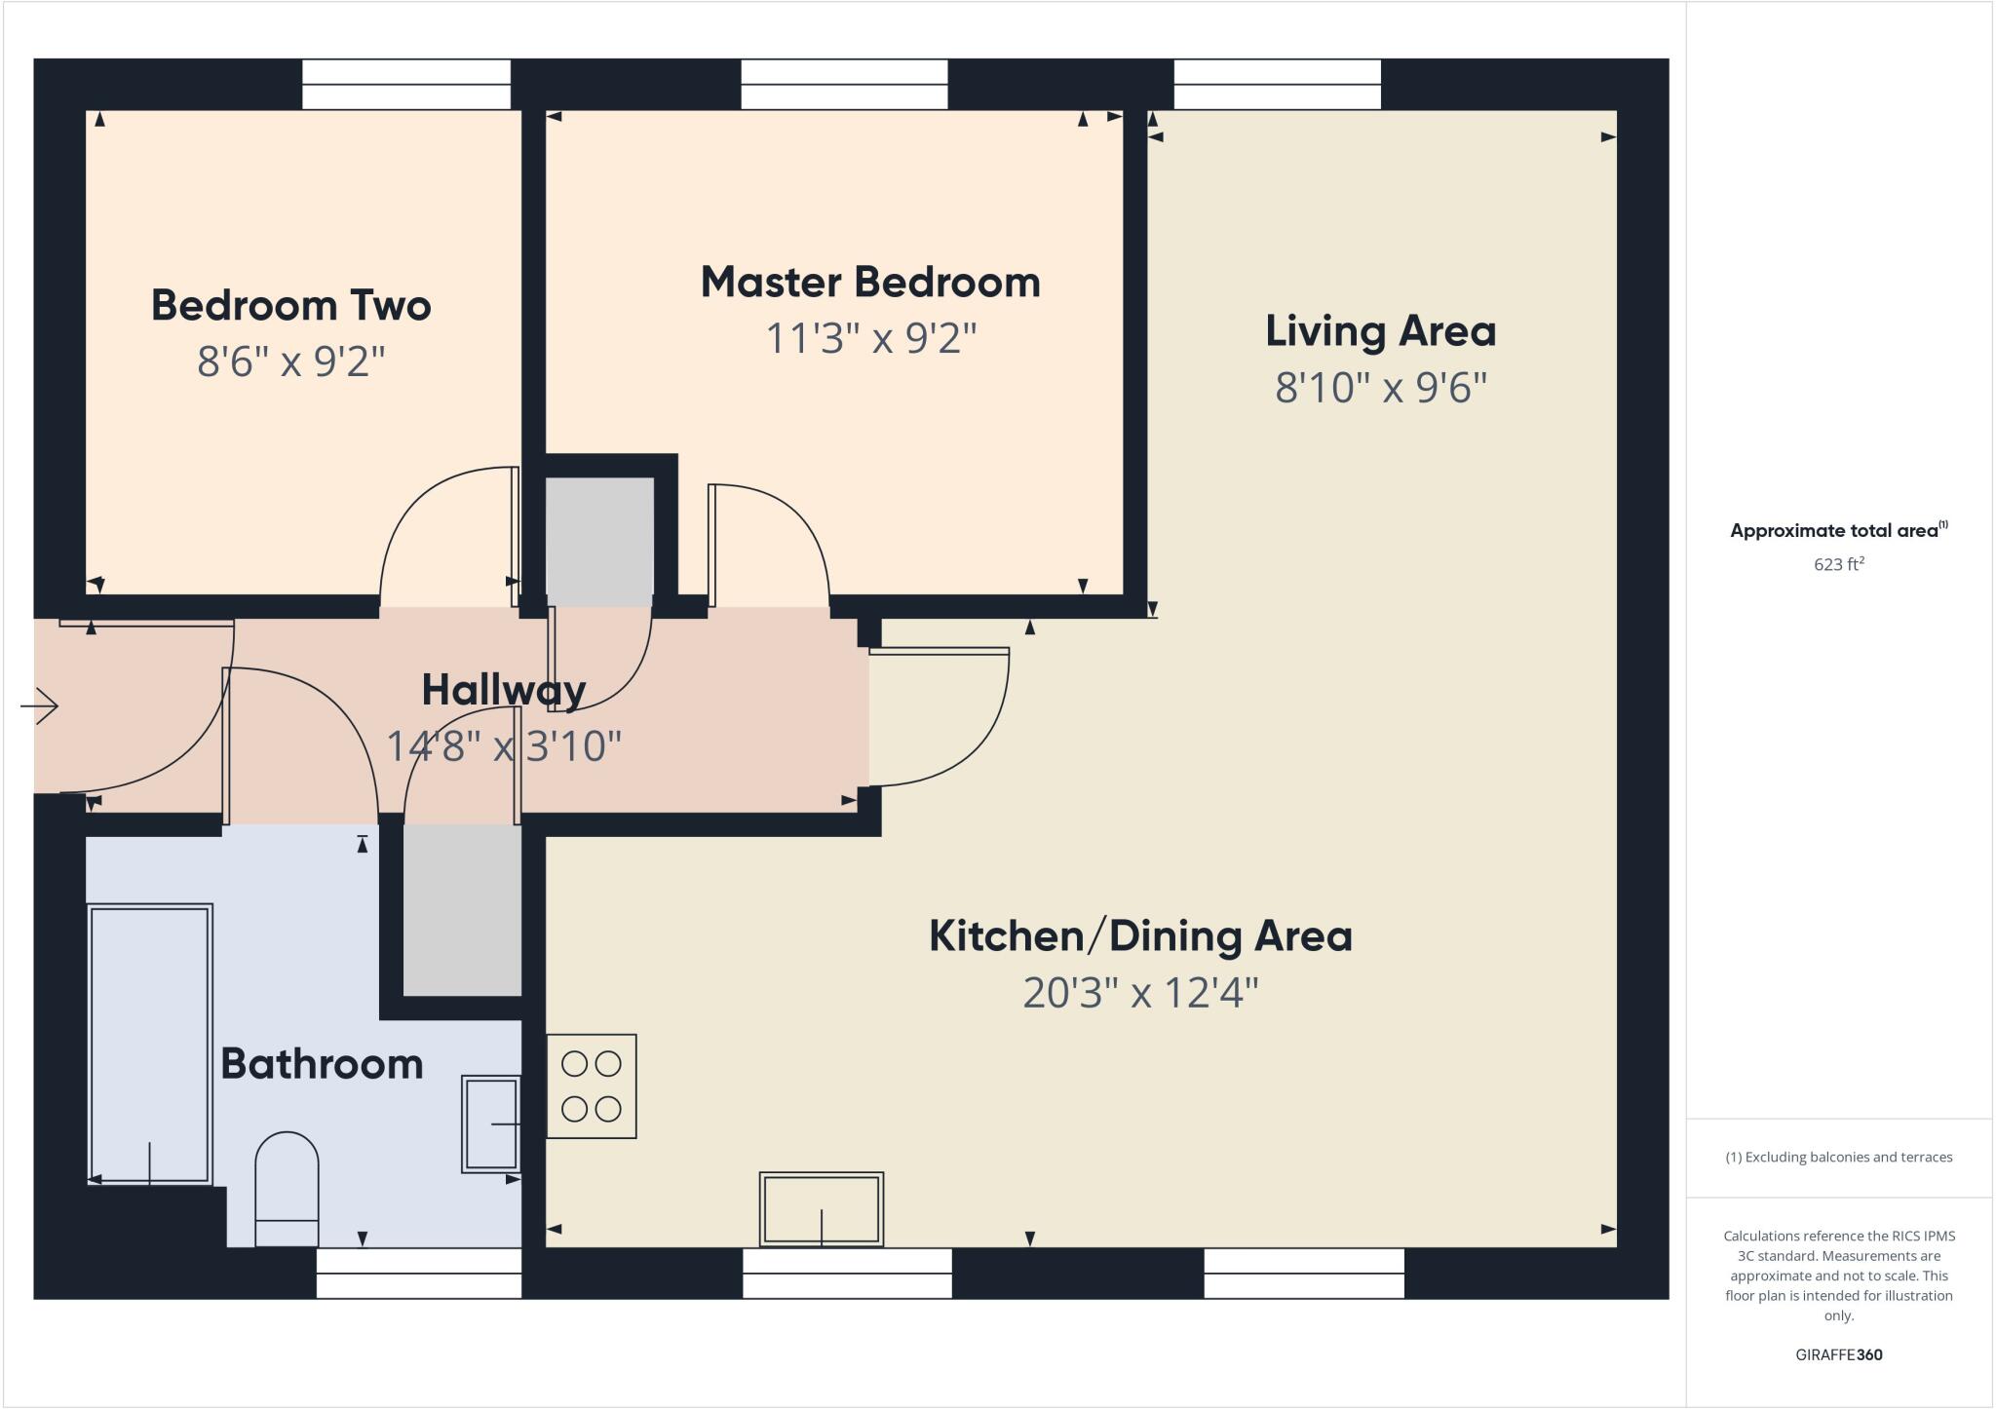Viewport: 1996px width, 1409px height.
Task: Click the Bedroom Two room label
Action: click(x=290, y=306)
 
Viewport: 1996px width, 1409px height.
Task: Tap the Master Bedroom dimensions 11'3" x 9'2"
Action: click(x=870, y=339)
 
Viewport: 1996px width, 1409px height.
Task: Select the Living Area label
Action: click(x=1380, y=331)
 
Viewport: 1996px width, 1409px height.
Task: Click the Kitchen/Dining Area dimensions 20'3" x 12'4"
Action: click(x=1140, y=993)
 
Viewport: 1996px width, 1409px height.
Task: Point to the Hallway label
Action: click(x=503, y=690)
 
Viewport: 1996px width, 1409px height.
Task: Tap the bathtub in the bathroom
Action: click(x=150, y=1043)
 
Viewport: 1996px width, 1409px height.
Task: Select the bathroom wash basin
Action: click(x=491, y=1123)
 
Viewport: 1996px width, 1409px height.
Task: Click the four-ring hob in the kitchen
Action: click(x=591, y=1085)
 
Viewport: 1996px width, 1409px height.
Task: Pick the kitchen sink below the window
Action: click(x=822, y=1208)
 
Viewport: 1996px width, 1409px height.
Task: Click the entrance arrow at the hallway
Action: click(x=40, y=705)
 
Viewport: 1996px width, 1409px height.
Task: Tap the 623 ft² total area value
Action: click(x=1838, y=564)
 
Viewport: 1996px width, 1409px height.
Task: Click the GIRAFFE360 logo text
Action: click(x=1838, y=1354)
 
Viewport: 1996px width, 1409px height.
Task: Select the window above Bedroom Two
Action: click(x=406, y=84)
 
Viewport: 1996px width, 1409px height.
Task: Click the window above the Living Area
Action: click(x=1277, y=84)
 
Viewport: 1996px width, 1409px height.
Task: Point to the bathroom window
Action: click(x=419, y=1274)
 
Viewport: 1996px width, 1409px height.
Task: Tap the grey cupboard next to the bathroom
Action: click(x=462, y=909)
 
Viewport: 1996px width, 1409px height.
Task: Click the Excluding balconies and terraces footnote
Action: click(x=1838, y=1158)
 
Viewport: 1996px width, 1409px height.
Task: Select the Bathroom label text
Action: click(x=322, y=1063)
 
